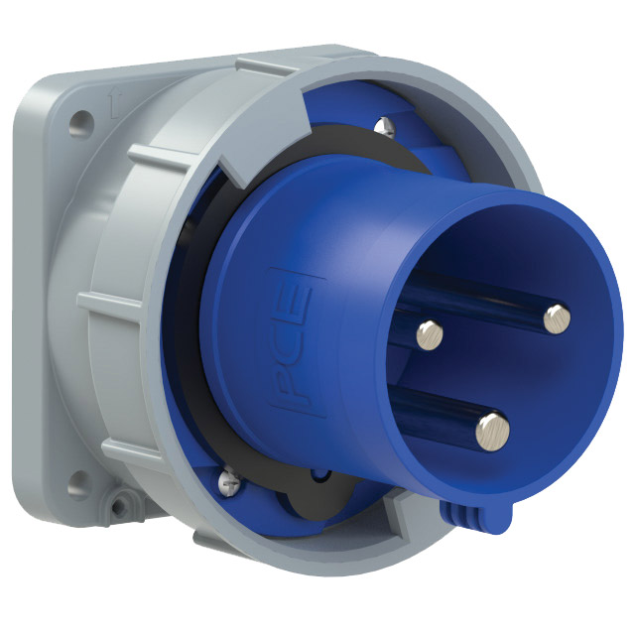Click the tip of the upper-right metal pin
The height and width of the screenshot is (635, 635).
tap(557, 318)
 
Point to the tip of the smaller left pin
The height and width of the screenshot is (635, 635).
tap(430, 335)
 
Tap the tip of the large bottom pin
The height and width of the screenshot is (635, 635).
tap(492, 432)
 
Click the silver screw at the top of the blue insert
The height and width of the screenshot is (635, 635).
tap(384, 127)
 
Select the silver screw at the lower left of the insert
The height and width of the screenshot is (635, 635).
tap(229, 478)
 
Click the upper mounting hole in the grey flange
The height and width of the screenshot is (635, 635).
tap(81, 123)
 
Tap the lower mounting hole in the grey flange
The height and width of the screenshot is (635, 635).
tap(78, 484)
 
